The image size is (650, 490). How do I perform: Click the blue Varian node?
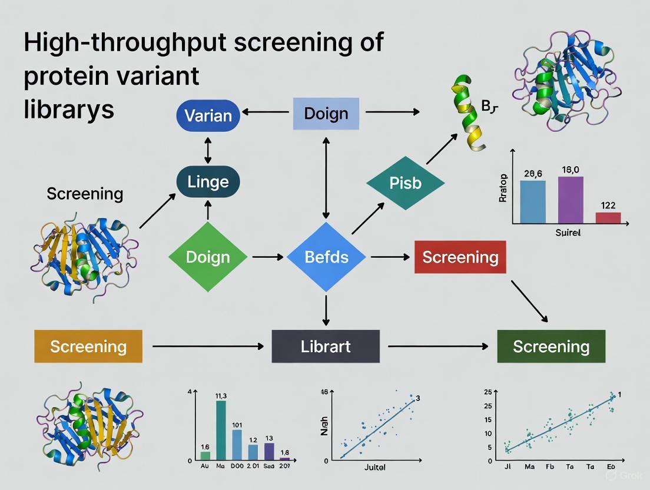(x=208, y=115)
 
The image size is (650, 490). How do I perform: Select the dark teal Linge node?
(x=208, y=181)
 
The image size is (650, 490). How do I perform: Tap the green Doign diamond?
(x=208, y=257)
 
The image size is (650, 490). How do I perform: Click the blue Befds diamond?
(x=326, y=257)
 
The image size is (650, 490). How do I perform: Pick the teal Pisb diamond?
(x=405, y=183)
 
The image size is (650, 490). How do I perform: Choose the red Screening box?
(x=460, y=257)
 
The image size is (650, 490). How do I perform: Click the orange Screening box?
(x=88, y=346)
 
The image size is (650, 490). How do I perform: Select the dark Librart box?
(x=326, y=346)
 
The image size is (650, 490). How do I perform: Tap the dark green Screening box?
(x=551, y=346)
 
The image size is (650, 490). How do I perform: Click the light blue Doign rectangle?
(x=326, y=114)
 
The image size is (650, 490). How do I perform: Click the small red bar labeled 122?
(x=608, y=217)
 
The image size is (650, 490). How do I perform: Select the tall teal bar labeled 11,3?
(x=221, y=430)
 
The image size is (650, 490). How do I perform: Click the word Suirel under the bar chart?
(x=568, y=233)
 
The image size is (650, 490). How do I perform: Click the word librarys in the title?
(x=69, y=110)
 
